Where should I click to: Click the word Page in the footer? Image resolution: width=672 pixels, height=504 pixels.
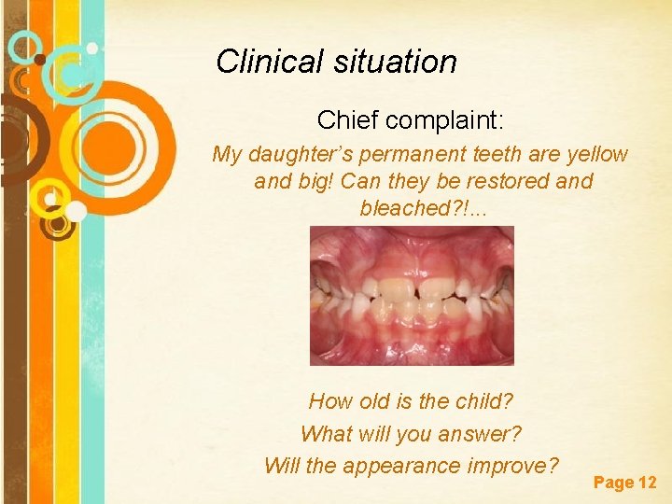click(613, 483)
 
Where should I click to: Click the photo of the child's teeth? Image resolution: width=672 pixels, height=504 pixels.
click(412, 295)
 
